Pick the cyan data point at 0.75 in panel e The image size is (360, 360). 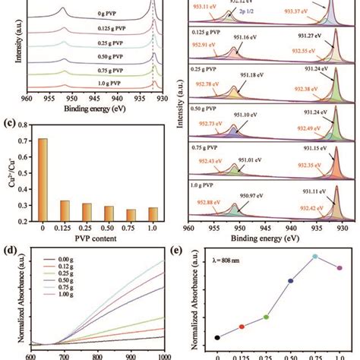click(x=314, y=257)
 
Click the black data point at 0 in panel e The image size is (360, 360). click(x=218, y=337)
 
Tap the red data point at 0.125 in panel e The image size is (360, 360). click(x=242, y=327)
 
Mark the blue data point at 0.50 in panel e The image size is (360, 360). click(x=290, y=280)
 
